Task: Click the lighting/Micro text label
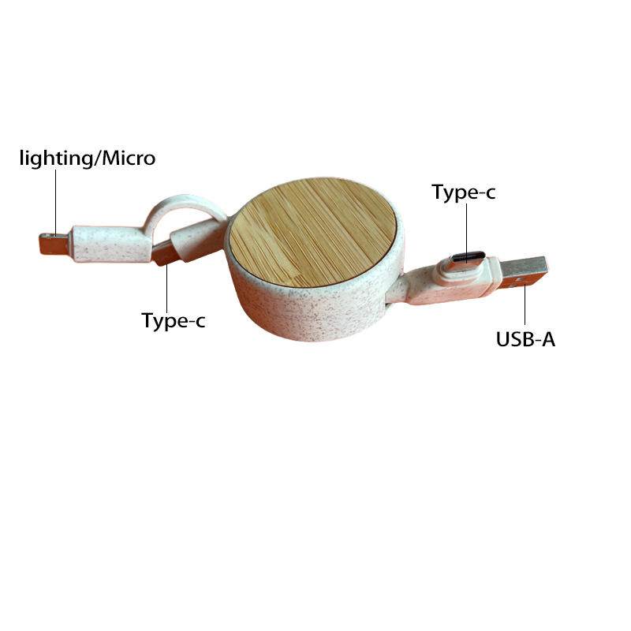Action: (x=88, y=159)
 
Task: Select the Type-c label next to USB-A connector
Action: (x=464, y=192)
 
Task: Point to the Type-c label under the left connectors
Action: (x=174, y=320)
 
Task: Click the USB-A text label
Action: (x=525, y=340)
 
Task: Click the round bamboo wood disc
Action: (x=312, y=230)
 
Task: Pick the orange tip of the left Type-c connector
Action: (x=163, y=254)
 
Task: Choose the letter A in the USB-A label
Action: (x=548, y=340)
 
